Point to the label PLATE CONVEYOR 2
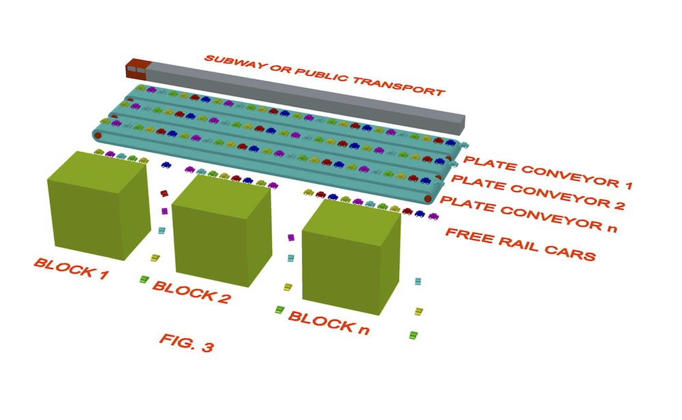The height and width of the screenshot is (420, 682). pyautogui.click(x=538, y=191)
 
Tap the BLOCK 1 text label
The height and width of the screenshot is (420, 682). pyautogui.click(x=71, y=270)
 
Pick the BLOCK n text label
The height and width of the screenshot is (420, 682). pyautogui.click(x=329, y=321)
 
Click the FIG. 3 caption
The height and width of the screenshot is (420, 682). pyautogui.click(x=186, y=342)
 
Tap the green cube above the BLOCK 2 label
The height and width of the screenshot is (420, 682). pyautogui.click(x=222, y=231)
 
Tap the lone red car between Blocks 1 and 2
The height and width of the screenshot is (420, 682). pyautogui.click(x=164, y=194)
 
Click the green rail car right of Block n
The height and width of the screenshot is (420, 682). pyautogui.click(x=413, y=335)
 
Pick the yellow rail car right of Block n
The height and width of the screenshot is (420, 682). pyautogui.click(x=418, y=311)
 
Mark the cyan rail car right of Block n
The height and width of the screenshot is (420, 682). pyautogui.click(x=419, y=280)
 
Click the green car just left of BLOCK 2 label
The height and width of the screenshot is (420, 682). pyautogui.click(x=144, y=279)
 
